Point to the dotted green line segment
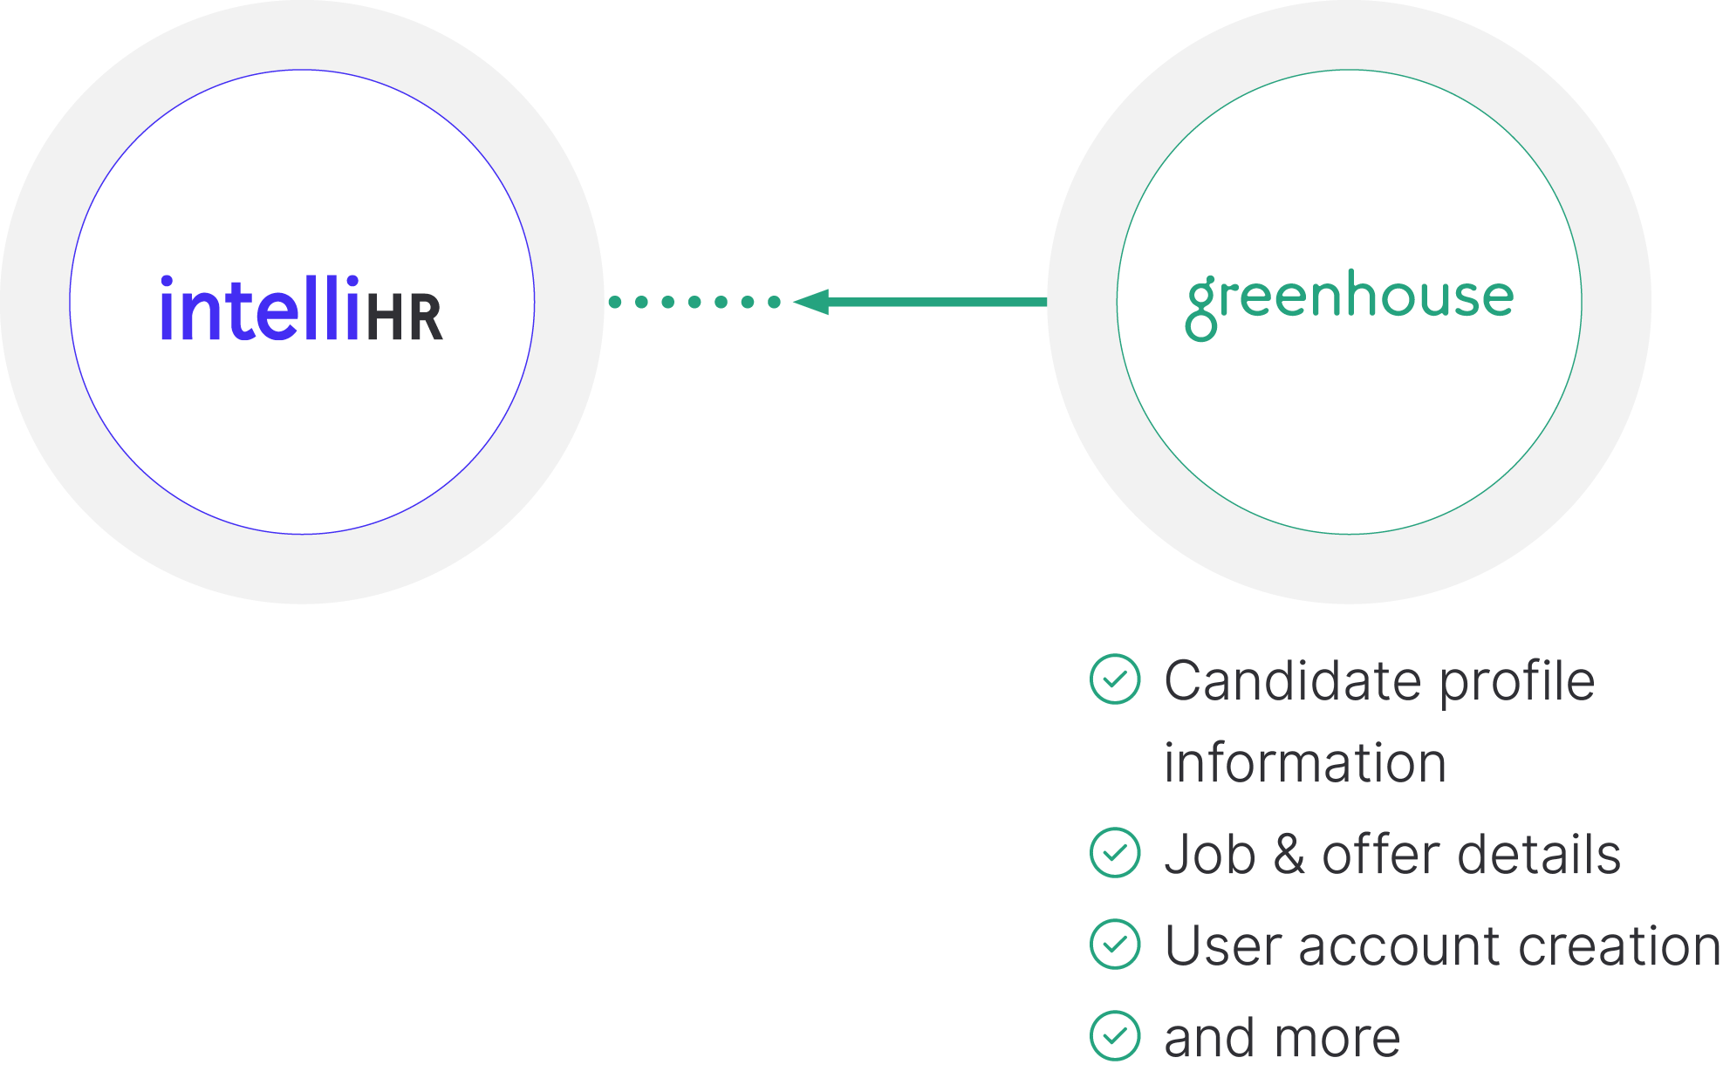[694, 302]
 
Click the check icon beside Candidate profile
[1115, 679]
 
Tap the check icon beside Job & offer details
[1115, 852]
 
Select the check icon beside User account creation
[1115, 944]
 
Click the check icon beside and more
[1115, 1035]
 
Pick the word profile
[1517, 682]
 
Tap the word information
[1305, 763]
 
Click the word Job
[1210, 854]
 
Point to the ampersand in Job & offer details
[1289, 854]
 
